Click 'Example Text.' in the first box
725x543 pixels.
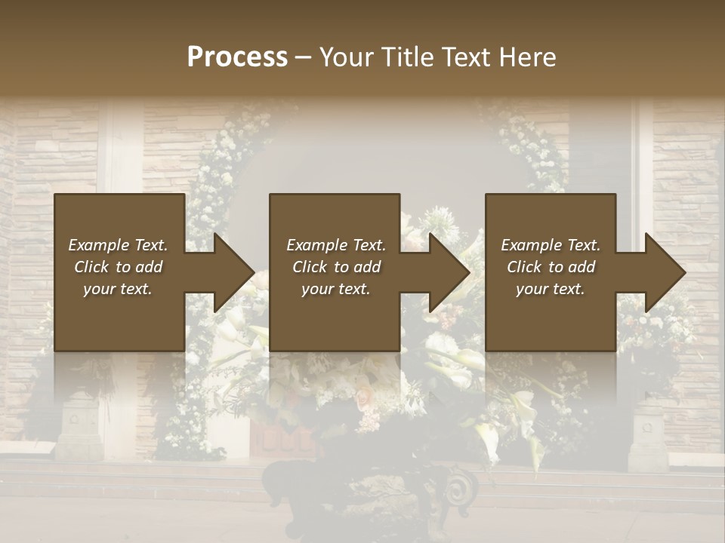[118, 245]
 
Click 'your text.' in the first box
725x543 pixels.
[118, 289]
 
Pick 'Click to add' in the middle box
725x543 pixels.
[336, 267]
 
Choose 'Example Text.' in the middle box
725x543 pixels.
[336, 245]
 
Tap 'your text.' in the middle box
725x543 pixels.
[336, 289]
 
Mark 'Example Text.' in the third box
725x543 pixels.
[551, 245]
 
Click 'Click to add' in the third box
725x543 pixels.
[551, 267]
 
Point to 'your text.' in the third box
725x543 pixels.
[551, 289]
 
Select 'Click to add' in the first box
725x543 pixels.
[118, 267]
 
